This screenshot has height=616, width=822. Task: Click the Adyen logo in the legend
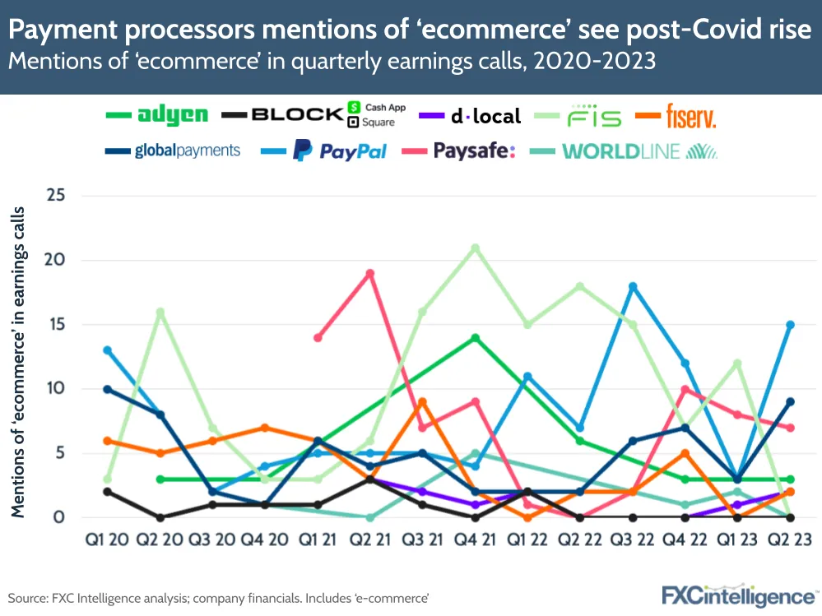click(173, 115)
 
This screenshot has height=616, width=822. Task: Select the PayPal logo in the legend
click(339, 151)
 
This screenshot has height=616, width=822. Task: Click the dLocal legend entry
click(485, 116)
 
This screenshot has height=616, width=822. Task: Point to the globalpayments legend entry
click(188, 151)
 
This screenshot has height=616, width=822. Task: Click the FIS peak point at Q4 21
click(475, 248)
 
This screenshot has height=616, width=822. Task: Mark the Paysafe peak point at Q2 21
click(370, 273)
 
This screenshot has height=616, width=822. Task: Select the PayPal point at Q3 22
click(633, 286)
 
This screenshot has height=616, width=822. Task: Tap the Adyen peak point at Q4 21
click(475, 337)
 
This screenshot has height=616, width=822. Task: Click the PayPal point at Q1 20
click(108, 350)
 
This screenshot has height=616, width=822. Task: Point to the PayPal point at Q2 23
click(790, 324)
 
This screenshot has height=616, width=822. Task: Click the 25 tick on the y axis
click(55, 196)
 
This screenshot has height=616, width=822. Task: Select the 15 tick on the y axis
click(55, 324)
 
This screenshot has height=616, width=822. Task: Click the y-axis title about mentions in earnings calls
click(17, 362)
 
